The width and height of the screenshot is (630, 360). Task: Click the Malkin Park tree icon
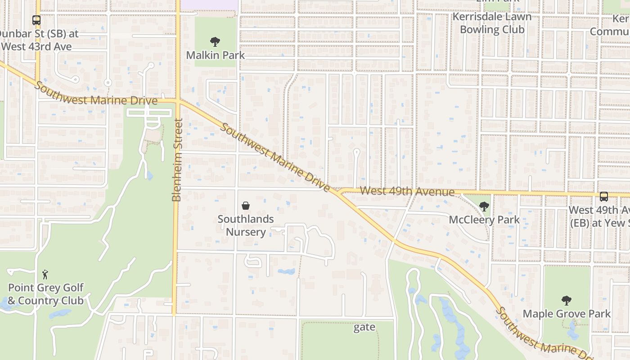215,42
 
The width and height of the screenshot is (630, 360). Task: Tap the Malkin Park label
216,55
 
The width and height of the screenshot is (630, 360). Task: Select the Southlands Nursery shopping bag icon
246,206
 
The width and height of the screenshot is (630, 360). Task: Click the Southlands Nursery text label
246,225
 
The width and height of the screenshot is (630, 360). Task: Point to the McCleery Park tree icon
484,207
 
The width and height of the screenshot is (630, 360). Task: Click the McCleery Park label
484,220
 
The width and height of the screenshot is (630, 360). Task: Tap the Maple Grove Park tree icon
566,301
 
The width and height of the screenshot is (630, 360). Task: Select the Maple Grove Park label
566,314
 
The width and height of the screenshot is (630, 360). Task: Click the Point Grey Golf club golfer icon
45,274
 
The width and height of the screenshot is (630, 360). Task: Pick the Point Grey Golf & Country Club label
45,294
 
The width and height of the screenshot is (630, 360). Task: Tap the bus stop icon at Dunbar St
36,20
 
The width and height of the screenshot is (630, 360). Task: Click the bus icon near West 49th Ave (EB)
604,197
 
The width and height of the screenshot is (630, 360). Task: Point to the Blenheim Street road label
177,160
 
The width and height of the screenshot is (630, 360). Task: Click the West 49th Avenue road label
407,192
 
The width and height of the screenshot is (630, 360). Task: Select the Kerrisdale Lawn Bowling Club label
492,23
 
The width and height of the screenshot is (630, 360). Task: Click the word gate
364,327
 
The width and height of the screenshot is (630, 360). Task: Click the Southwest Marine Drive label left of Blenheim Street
97,94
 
